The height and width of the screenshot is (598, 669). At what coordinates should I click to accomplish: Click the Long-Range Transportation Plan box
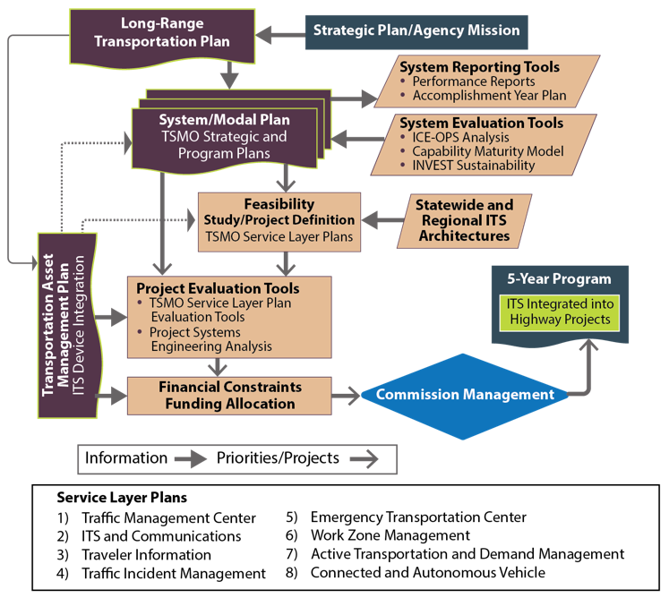(162, 33)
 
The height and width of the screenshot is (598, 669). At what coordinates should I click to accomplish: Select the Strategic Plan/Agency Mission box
(416, 30)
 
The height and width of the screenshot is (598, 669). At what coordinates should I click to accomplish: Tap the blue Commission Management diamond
(465, 394)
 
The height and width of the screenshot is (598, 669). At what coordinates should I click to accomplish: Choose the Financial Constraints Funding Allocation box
(229, 395)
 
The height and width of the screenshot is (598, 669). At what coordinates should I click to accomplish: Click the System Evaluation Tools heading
(481, 123)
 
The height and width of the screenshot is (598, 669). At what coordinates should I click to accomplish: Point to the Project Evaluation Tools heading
(218, 289)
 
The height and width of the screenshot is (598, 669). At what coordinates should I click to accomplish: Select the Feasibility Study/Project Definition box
(279, 221)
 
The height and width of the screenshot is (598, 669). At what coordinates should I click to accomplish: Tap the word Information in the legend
(125, 458)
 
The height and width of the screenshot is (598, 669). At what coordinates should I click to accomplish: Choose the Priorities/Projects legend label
(278, 458)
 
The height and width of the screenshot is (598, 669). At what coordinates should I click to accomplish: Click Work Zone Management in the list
(390, 535)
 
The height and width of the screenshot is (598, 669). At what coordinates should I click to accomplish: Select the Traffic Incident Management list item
(173, 573)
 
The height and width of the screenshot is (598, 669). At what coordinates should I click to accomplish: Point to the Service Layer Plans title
(122, 497)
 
